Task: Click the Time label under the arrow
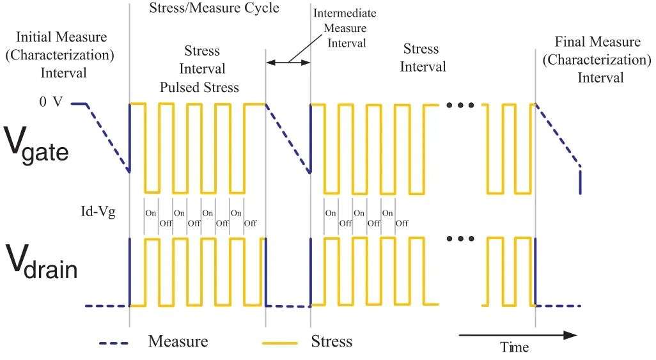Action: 514,347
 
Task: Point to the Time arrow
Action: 518,334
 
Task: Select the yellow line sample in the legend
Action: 280,343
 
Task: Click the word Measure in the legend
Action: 178,341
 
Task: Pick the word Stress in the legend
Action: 331,341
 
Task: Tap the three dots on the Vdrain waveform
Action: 460,239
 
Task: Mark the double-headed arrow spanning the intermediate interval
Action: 288,62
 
